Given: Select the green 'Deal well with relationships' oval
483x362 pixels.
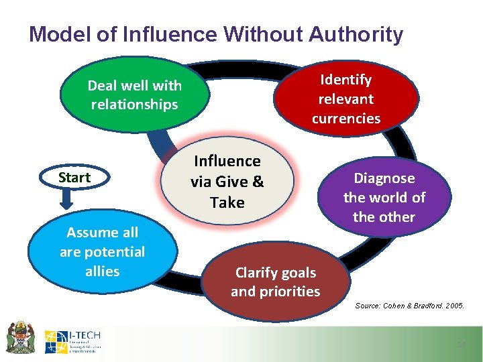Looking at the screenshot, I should point(134,95).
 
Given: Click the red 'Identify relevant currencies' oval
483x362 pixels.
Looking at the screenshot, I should point(345,99).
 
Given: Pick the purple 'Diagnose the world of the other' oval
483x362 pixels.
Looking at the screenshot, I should point(384,198).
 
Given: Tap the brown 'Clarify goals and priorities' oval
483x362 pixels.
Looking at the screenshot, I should point(276,282).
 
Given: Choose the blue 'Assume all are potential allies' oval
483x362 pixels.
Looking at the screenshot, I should point(102,252).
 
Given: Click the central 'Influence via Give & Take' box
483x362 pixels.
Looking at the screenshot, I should point(227,182).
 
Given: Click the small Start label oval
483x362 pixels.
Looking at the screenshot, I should point(74,178).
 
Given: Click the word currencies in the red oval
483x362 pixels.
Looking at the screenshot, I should point(345,119).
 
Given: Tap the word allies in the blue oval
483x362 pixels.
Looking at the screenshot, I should point(102,271).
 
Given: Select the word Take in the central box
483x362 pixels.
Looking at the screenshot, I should point(227,202).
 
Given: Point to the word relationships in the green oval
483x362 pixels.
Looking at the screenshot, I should point(134,105).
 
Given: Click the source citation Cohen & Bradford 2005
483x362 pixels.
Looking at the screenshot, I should point(409,306).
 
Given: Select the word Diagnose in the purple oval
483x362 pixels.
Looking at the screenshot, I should point(384,178).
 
